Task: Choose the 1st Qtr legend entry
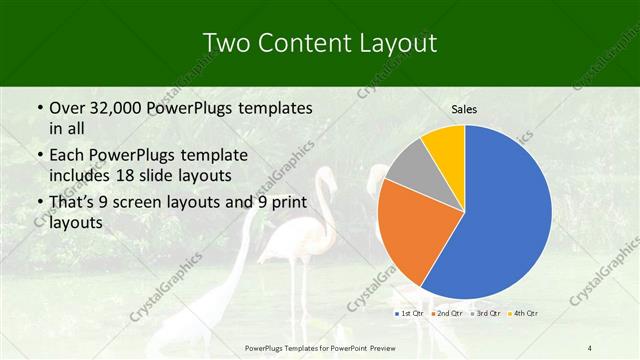(410, 314)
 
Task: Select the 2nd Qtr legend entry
(447, 314)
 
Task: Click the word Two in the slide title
(226, 43)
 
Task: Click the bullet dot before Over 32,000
(39, 108)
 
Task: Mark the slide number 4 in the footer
(590, 347)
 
